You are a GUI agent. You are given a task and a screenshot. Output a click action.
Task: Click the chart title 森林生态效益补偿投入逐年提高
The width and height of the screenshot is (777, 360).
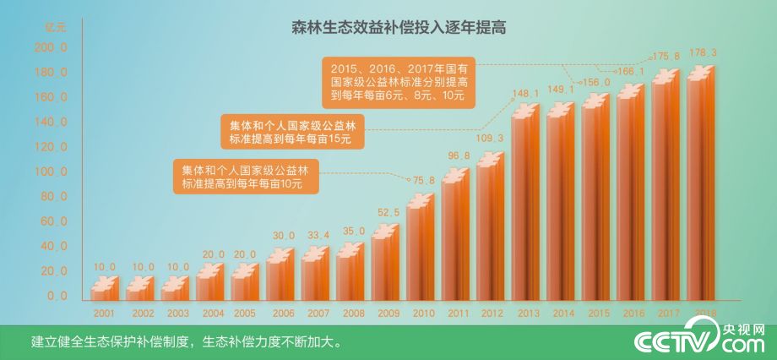tap(388, 27)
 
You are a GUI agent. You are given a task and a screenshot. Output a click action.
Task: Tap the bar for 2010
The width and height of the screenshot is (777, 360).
tap(420, 249)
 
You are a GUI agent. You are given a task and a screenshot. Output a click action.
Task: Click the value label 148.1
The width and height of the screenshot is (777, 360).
tap(525, 93)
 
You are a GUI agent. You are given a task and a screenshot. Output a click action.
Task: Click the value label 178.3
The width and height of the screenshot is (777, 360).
tap(703, 53)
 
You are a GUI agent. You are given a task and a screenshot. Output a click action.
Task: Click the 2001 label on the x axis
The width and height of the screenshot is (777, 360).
tap(105, 314)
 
